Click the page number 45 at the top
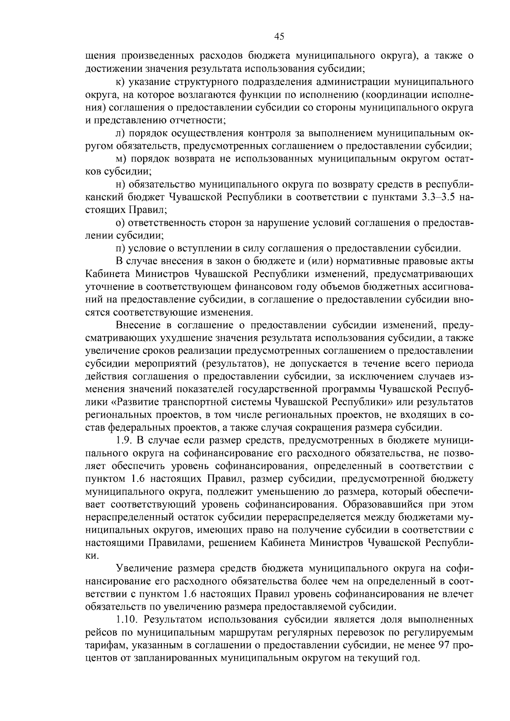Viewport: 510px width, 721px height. pos(279,37)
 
